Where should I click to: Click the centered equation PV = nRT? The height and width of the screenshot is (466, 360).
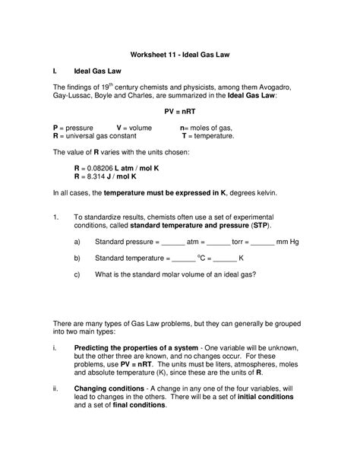(x=180, y=110)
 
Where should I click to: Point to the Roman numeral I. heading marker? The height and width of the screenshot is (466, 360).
(x=55, y=69)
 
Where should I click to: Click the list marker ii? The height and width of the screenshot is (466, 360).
(x=55, y=388)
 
